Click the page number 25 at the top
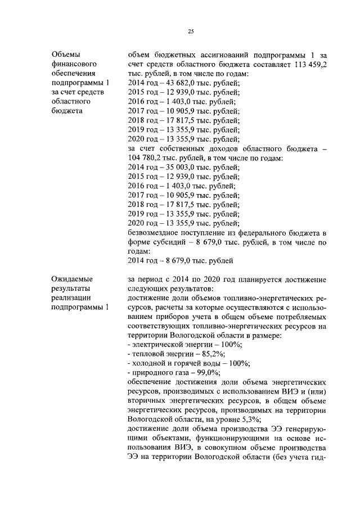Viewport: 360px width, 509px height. (x=191, y=31)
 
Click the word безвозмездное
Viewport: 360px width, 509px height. (x=156, y=232)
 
